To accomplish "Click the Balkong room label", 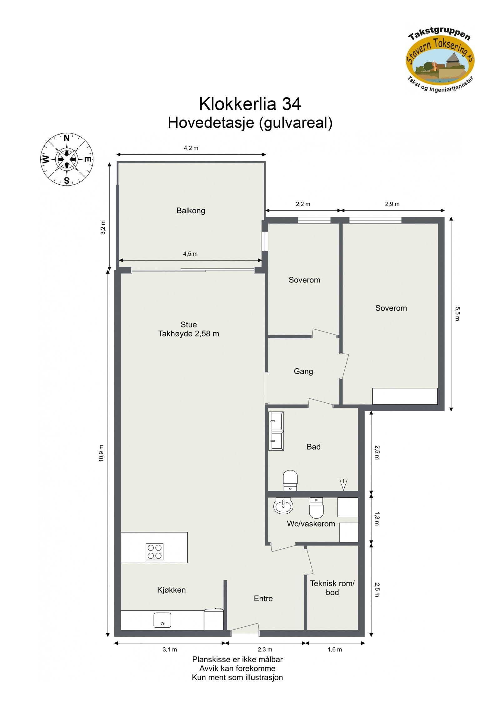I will pos(191,211).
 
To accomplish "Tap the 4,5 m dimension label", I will pos(190,254).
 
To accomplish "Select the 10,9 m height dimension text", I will pos(101,453).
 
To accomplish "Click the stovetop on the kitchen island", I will pos(154,552).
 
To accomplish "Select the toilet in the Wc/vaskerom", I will pos(316,508).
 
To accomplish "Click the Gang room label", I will pos(303,371).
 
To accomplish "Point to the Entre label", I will pos(263,599).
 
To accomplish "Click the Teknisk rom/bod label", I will pos(332,588).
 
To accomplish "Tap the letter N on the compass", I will pos(67,138).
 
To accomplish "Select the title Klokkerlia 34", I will pos(250,104).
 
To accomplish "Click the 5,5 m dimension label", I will pos(457,314).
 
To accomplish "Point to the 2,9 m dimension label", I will pos(392,204).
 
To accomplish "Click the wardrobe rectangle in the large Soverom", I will pos(405,396).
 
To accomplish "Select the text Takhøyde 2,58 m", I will pos(188,334).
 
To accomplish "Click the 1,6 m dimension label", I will pos(334,650).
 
